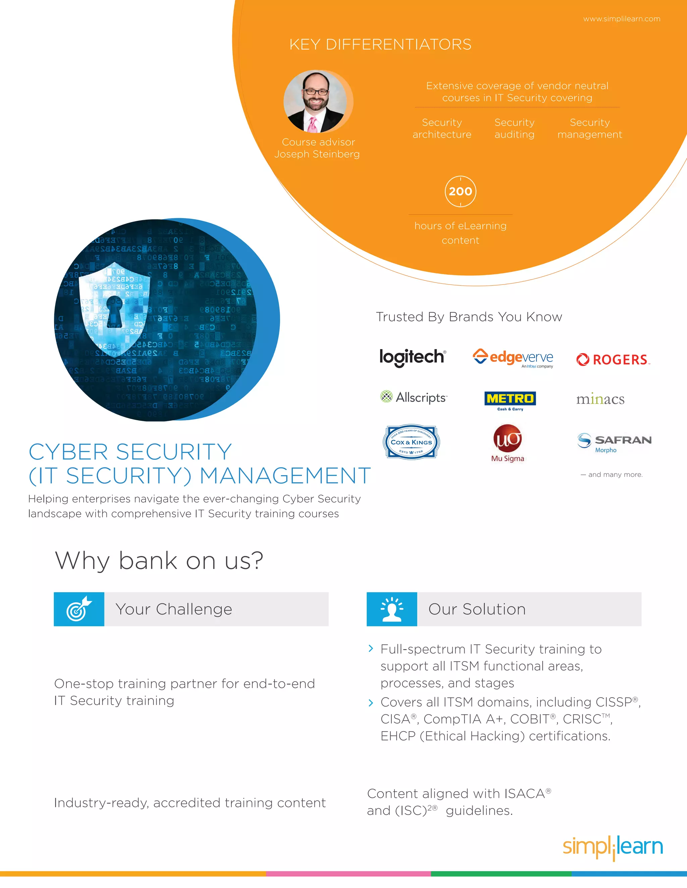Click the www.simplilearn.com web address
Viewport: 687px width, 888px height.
[x=622, y=19]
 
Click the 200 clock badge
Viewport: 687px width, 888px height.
[x=460, y=191]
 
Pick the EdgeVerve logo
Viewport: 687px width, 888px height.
[x=513, y=358]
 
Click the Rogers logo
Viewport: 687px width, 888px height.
[x=613, y=360]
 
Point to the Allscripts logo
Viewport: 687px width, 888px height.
[x=413, y=397]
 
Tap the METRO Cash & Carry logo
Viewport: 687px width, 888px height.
[x=510, y=400]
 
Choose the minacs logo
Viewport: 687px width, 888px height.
[x=600, y=399]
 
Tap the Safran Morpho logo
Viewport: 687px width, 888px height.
[x=614, y=442]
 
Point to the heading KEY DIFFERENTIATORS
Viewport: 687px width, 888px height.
[x=380, y=44]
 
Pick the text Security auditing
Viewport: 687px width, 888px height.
[x=515, y=128]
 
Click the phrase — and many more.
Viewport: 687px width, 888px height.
[x=611, y=474]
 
